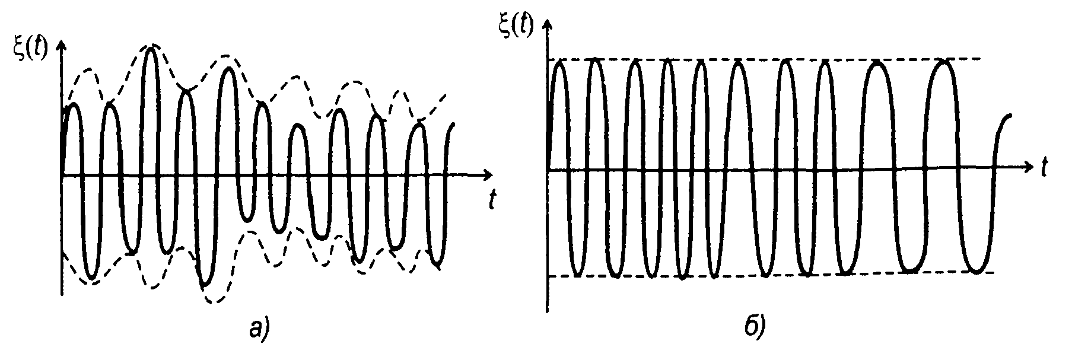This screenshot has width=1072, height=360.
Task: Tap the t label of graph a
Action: [492, 202]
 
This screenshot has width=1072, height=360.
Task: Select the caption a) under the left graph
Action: [259, 326]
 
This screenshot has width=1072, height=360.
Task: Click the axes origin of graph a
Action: [61, 175]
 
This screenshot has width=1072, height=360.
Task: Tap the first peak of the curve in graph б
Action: [561, 62]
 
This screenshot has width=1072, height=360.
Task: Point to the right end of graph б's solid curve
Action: [1010, 116]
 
